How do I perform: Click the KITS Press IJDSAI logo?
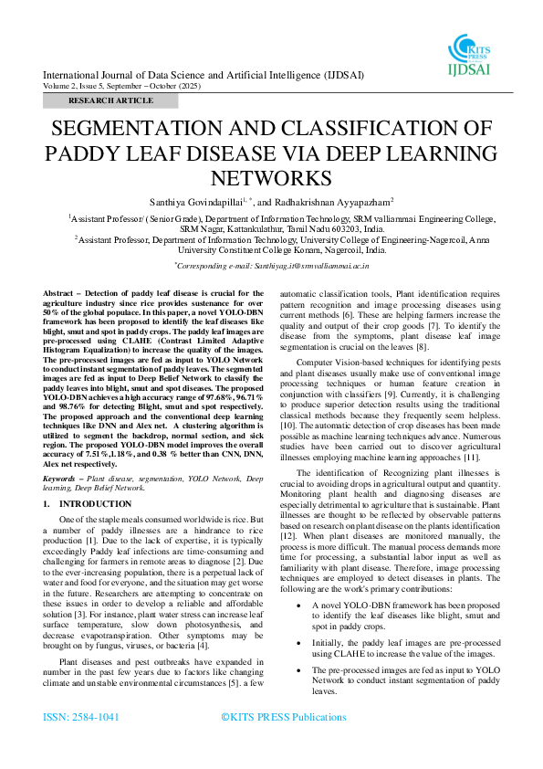coord(471,53)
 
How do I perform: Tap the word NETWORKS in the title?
coord(271,177)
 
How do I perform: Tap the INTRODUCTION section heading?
coord(95,504)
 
